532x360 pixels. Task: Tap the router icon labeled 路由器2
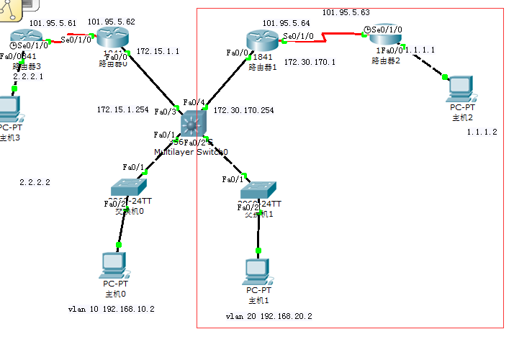point(384,36)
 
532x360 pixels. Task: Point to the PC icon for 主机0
point(115,265)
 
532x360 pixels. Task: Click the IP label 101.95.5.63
point(346,12)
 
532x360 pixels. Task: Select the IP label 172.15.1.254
point(122,110)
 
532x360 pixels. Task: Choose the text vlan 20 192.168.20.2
point(269,315)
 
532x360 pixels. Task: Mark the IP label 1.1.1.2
point(482,132)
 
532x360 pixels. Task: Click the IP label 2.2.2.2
point(35,183)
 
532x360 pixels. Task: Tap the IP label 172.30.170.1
point(310,63)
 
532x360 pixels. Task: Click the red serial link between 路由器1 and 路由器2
point(328,35)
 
